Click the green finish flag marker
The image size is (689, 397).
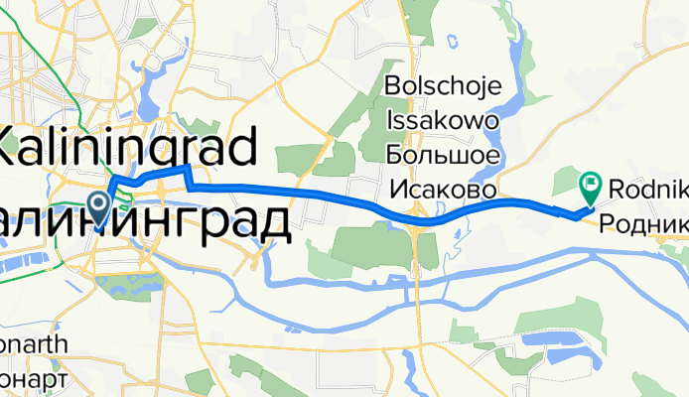[590, 183]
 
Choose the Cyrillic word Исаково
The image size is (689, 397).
[443, 190]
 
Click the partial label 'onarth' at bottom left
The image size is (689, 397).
[34, 345]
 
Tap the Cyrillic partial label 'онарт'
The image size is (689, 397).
[34, 379]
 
